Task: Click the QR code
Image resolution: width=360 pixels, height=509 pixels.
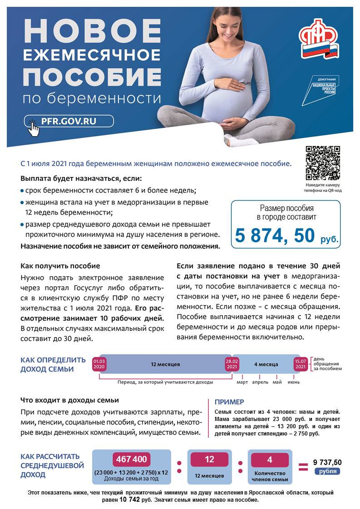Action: (322, 163)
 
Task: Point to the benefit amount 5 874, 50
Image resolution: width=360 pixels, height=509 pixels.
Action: (275, 235)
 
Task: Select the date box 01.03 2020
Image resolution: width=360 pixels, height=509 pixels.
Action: (99, 364)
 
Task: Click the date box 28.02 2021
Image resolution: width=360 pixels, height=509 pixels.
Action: (232, 364)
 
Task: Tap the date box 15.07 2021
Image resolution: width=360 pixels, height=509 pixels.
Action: (300, 364)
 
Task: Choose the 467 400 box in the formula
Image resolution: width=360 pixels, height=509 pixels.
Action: (131, 459)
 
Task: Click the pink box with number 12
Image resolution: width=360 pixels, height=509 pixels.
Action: (209, 459)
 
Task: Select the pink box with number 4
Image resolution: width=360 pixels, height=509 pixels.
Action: (270, 459)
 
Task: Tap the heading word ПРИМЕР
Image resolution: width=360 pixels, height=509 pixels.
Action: (229, 402)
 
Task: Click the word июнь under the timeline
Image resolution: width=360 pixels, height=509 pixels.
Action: (293, 382)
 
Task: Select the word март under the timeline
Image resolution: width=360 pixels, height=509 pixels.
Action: (242, 382)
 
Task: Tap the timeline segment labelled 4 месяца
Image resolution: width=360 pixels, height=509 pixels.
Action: (266, 364)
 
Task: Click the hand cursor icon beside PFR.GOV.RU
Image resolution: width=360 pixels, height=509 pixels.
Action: (33, 127)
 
